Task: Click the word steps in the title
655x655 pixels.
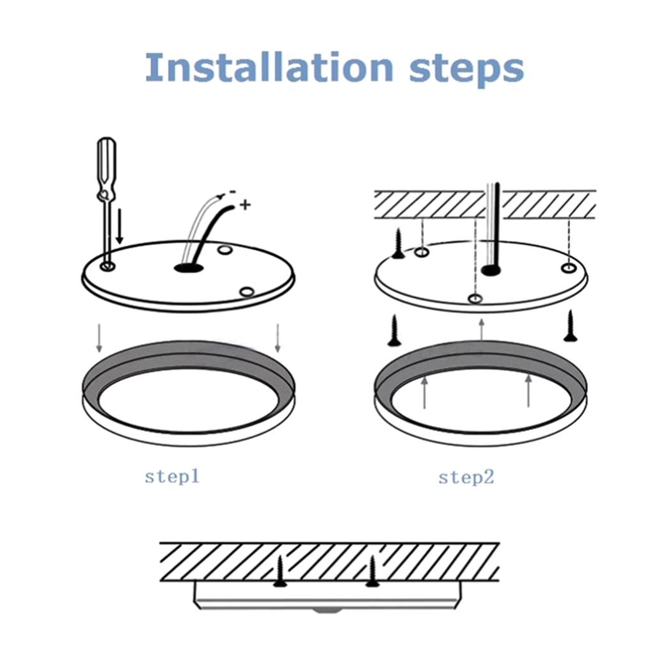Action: pyautogui.click(x=466, y=69)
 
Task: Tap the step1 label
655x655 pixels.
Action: pyautogui.click(x=172, y=477)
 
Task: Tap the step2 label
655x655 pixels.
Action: pyautogui.click(x=466, y=477)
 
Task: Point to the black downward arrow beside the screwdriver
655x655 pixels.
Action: pyautogui.click(x=120, y=226)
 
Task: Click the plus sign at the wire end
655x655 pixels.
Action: pyautogui.click(x=245, y=205)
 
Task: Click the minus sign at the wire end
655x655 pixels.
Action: pyautogui.click(x=232, y=192)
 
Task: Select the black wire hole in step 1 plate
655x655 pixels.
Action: pyautogui.click(x=189, y=268)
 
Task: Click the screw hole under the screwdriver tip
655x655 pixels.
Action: pyautogui.click(x=107, y=265)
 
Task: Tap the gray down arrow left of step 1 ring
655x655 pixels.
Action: pyautogui.click(x=99, y=338)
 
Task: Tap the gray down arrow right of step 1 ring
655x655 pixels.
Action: pyautogui.click(x=278, y=338)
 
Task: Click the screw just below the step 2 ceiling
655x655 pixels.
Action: pyautogui.click(x=398, y=243)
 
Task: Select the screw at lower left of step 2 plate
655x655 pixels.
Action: pyautogui.click(x=394, y=331)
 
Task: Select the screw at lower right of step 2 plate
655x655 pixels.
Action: pyautogui.click(x=570, y=326)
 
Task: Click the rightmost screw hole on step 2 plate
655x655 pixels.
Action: pyautogui.click(x=569, y=268)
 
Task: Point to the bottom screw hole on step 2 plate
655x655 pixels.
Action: pyautogui.click(x=475, y=299)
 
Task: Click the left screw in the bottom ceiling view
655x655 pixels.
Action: pyautogui.click(x=280, y=571)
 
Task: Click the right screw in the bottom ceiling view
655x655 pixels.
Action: pyautogui.click(x=372, y=571)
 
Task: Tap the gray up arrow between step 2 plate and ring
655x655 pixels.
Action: pyautogui.click(x=482, y=330)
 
